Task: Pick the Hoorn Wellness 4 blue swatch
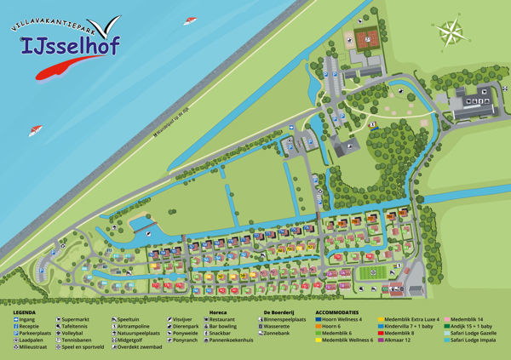tap(319, 319)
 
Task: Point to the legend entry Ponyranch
tap(183, 339)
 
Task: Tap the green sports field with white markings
tap(369, 273)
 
